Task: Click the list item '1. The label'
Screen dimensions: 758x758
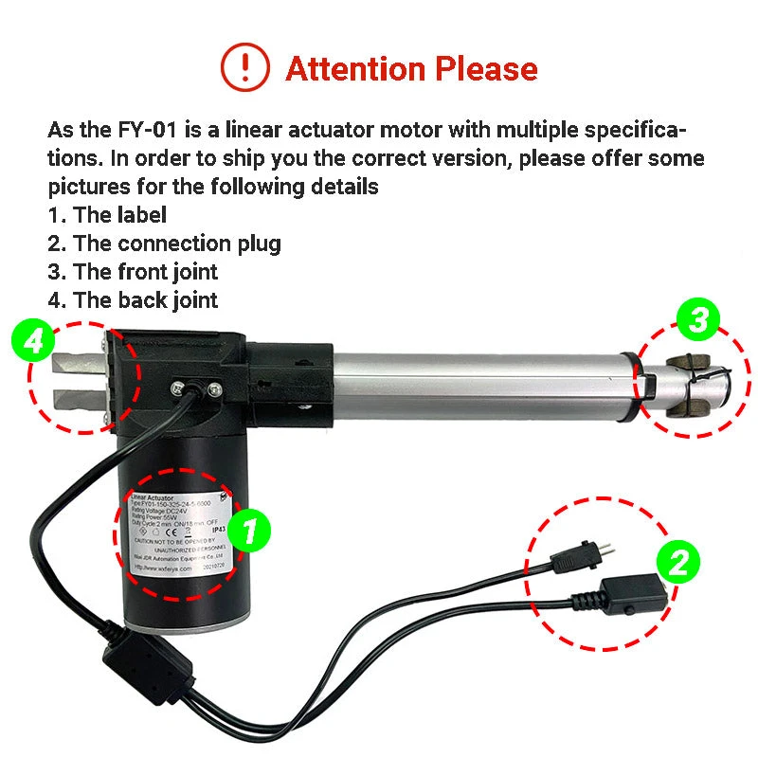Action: [107, 215]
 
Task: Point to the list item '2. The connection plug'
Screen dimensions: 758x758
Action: [164, 244]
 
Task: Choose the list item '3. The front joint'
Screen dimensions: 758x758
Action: [133, 272]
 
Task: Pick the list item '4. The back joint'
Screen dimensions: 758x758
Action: [133, 300]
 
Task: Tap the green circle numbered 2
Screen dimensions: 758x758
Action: [678, 564]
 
